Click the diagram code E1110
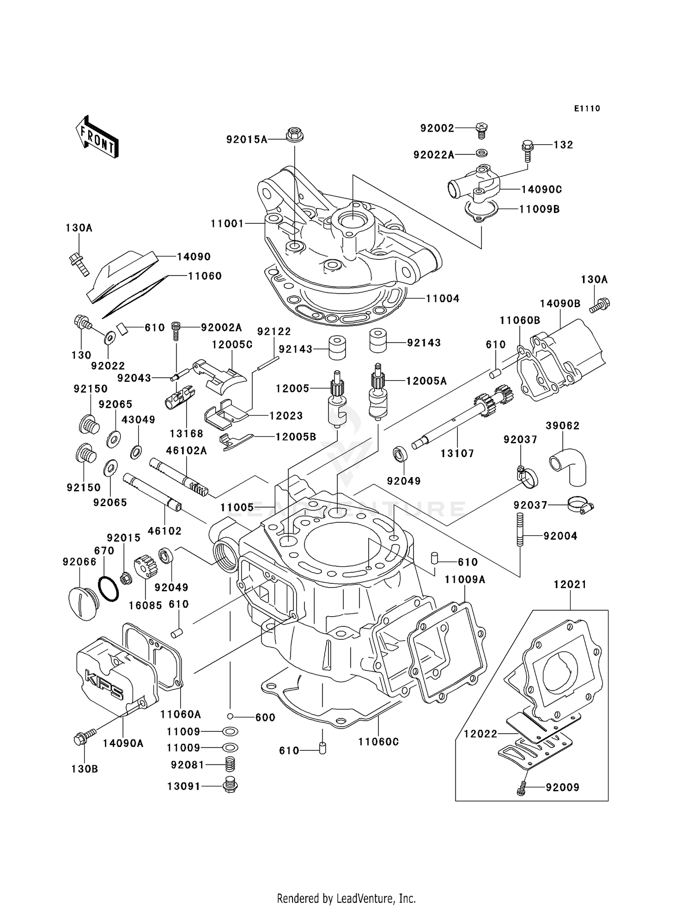click(587, 109)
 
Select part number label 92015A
click(247, 139)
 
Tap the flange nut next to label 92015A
click(295, 135)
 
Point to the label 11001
click(227, 224)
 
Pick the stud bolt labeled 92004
click(520, 529)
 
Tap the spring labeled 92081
click(230, 765)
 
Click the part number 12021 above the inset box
click(570, 584)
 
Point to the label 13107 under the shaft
click(457, 453)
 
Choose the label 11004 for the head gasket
click(442, 299)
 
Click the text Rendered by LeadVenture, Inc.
click(346, 898)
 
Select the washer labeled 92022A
click(481, 153)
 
